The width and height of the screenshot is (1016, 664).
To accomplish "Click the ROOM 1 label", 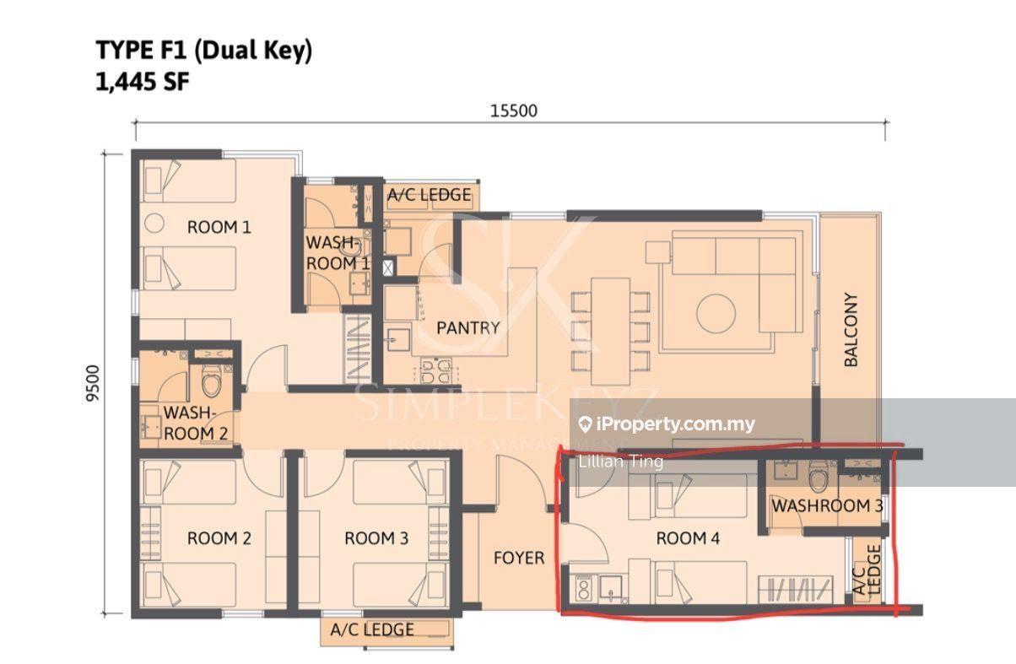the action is tap(219, 227).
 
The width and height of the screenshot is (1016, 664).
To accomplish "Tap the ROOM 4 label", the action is tap(688, 538).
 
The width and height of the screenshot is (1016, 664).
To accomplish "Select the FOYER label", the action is tap(519, 558).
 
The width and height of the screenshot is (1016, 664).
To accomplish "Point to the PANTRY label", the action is tap(468, 327).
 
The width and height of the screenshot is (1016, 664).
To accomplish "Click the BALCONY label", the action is tap(851, 329).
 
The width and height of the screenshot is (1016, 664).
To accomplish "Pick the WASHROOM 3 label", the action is tap(828, 505).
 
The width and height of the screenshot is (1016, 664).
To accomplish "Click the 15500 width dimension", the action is tap(513, 111).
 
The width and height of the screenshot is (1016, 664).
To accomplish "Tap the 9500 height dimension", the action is tap(93, 383).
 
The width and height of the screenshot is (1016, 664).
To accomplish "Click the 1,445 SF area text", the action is tap(142, 83).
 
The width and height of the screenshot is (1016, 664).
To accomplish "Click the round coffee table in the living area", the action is tap(716, 314).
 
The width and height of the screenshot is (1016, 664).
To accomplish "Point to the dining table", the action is tap(610, 331).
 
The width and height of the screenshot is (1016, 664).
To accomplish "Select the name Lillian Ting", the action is tap(620, 462).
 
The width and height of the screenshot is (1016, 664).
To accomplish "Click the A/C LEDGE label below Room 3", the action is tap(372, 629).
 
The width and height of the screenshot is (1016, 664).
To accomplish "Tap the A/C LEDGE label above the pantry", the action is tap(429, 195).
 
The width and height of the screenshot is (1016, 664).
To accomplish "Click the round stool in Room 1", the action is tap(154, 223).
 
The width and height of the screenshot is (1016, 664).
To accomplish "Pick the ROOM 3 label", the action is tap(376, 538).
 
